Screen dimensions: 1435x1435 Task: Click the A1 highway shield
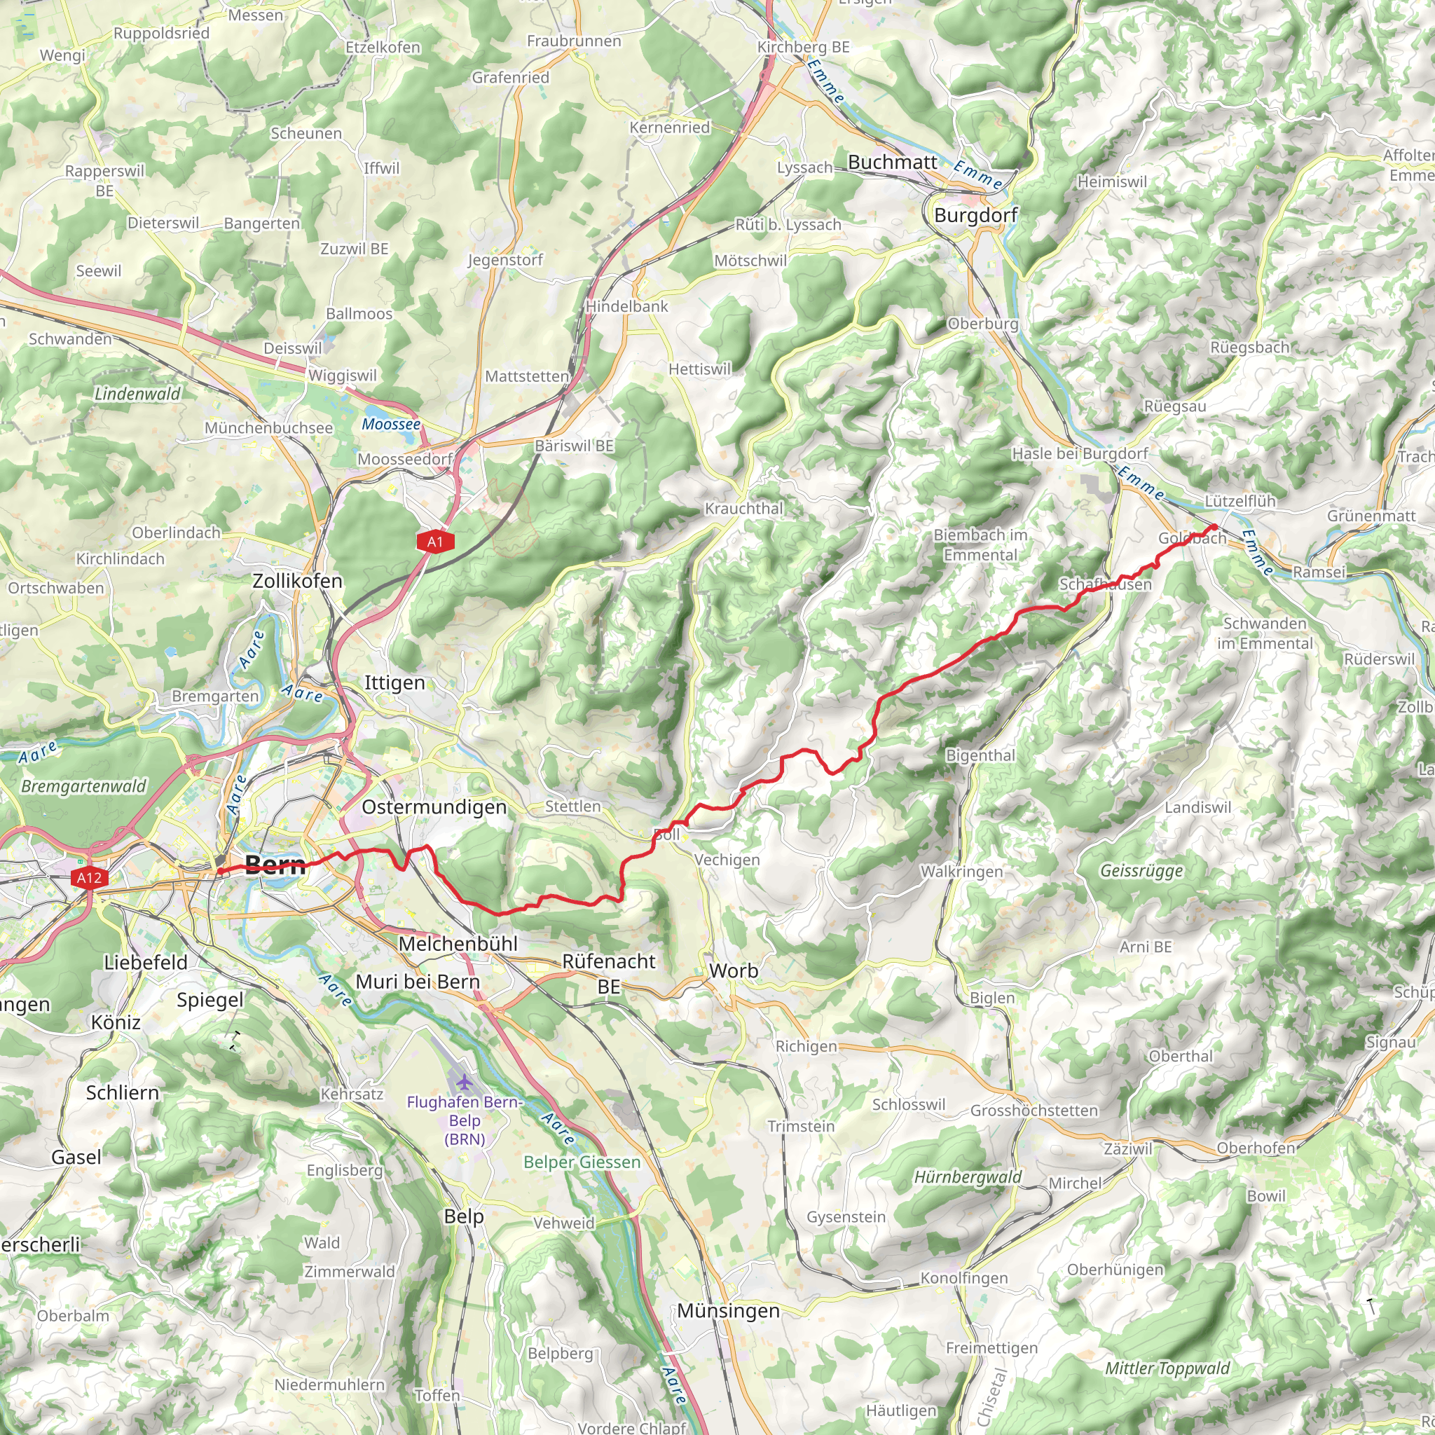tap(435, 542)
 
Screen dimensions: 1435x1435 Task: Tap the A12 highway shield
tap(89, 878)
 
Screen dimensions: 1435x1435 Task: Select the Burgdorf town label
tap(975, 215)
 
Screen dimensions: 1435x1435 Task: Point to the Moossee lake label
tap(391, 424)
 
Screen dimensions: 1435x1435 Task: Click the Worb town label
tap(733, 970)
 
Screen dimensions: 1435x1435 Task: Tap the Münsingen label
tap(728, 1311)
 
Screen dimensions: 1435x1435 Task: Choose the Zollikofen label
tap(297, 581)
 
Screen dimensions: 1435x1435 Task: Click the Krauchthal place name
tap(743, 509)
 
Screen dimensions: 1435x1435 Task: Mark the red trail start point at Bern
tap(221, 871)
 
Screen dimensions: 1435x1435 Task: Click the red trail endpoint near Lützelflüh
tap(1214, 528)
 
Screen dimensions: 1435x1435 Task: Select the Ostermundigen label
tap(434, 806)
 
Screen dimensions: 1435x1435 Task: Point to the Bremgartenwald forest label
tap(84, 786)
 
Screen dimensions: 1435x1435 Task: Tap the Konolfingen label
tap(963, 1278)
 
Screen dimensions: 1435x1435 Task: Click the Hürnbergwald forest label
tap(967, 1177)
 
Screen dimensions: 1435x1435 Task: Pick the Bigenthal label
tap(980, 755)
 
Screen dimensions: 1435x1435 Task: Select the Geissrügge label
tap(1141, 870)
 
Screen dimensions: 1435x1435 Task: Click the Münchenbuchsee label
tap(268, 428)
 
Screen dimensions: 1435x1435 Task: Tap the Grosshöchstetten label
tap(1034, 1111)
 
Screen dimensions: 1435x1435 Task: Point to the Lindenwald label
tap(137, 394)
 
